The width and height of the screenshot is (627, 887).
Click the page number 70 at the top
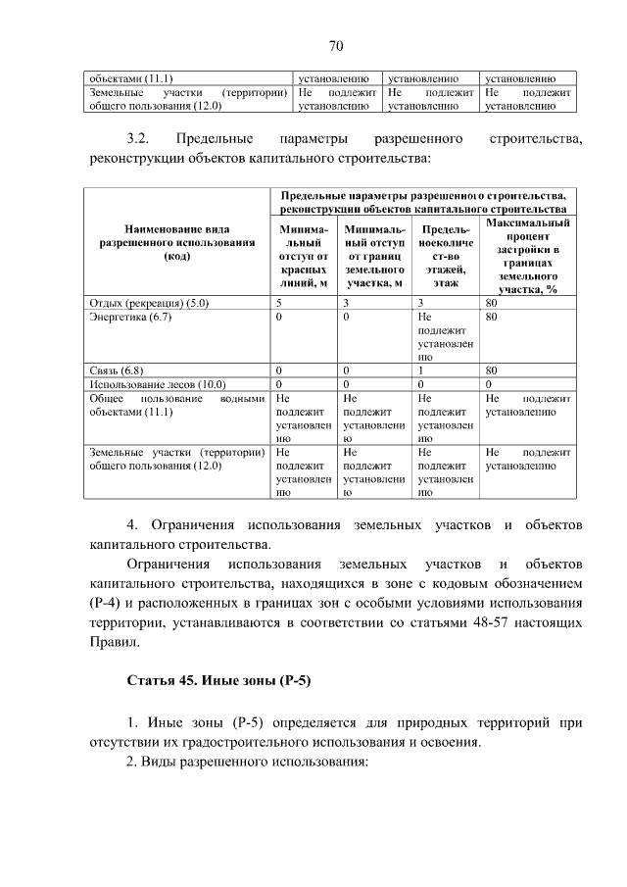click(x=335, y=46)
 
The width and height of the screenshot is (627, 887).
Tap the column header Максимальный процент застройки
click(x=527, y=257)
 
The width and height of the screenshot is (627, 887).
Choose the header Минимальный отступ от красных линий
click(x=302, y=256)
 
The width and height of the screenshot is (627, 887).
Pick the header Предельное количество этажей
click(x=445, y=256)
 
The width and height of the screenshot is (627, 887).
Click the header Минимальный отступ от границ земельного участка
click(x=374, y=256)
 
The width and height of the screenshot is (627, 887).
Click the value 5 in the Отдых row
click(x=280, y=303)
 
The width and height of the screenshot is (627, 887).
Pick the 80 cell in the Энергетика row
click(x=492, y=318)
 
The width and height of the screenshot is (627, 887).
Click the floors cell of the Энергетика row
click(x=445, y=338)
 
